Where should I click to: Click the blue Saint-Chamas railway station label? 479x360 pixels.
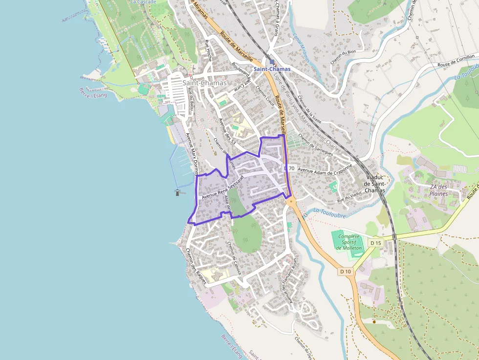[272, 69]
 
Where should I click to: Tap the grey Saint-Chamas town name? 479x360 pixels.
[204, 83]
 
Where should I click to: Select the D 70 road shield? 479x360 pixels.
[289, 169]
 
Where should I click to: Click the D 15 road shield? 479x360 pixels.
[375, 243]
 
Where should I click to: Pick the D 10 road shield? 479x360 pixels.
[346, 272]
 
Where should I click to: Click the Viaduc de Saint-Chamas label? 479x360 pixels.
[375, 183]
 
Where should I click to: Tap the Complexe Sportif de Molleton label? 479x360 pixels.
[348, 242]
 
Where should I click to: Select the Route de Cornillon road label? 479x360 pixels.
[456, 61]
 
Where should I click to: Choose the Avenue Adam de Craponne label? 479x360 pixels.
[325, 169]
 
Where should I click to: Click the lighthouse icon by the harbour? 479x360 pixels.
[177, 192]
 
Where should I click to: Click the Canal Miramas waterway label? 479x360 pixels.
[301, 47]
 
